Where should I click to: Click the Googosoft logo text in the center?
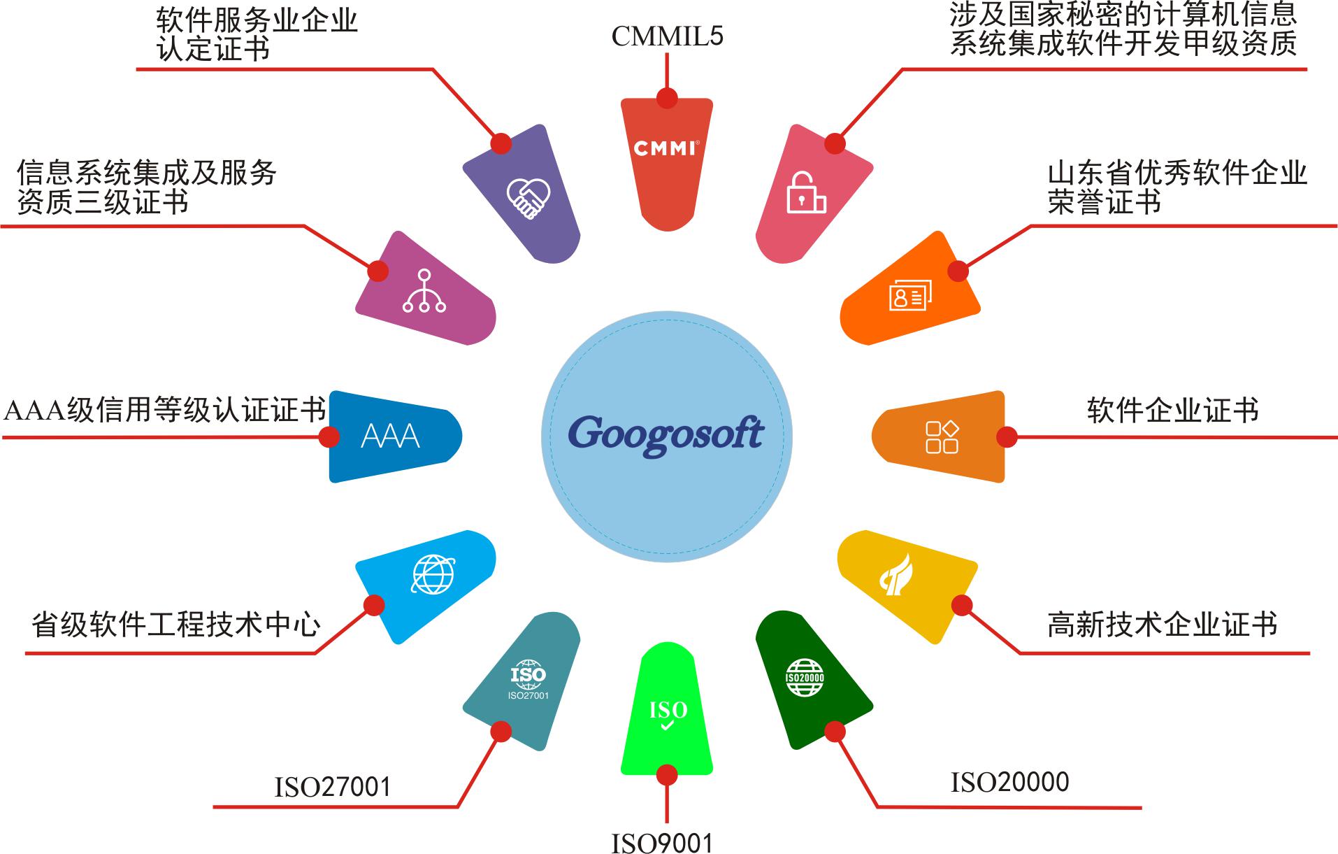tap(666, 435)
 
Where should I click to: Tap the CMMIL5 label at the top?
tap(668, 36)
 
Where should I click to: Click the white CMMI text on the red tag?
tap(666, 148)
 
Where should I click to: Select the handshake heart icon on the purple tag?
tap(528, 199)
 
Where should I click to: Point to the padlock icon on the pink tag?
tap(806, 192)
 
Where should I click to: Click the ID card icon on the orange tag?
tap(911, 297)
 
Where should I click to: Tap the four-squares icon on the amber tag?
tap(942, 437)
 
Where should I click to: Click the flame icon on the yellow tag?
tap(897, 574)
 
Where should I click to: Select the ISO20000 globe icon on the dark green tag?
tap(805, 677)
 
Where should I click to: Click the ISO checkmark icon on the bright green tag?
tap(668, 715)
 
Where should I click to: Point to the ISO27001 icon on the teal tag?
tap(528, 679)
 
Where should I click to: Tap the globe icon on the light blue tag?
tap(433, 575)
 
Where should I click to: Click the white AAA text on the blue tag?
tap(390, 436)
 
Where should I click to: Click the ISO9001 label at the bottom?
tap(662, 843)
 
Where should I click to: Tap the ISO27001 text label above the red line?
tap(332, 787)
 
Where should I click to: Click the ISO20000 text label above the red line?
tap(1009, 782)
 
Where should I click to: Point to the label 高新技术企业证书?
tap(1163, 624)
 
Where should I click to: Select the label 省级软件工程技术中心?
tap(176, 624)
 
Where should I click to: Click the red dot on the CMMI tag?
tap(667, 98)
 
